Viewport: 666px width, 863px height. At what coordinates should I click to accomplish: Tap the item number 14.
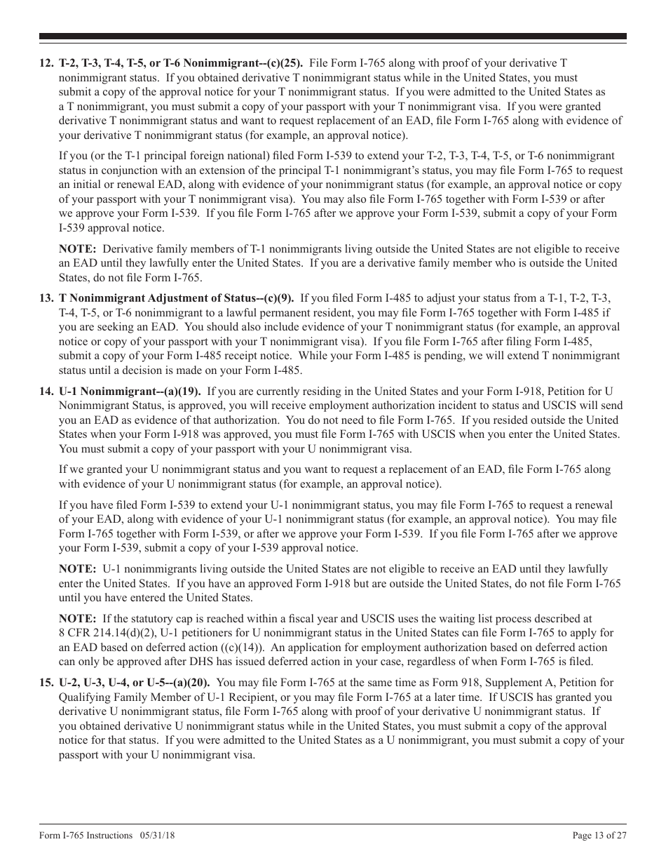tap(46, 392)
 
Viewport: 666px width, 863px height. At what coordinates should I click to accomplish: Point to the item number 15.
tap(46, 683)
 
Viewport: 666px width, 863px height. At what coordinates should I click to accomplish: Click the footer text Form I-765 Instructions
tap(86, 835)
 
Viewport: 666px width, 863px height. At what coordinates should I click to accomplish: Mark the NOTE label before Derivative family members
tap(78, 249)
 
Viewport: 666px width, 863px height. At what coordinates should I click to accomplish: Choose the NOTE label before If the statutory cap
tap(78, 619)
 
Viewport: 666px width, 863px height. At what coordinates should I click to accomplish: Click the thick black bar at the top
tap(333, 36)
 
